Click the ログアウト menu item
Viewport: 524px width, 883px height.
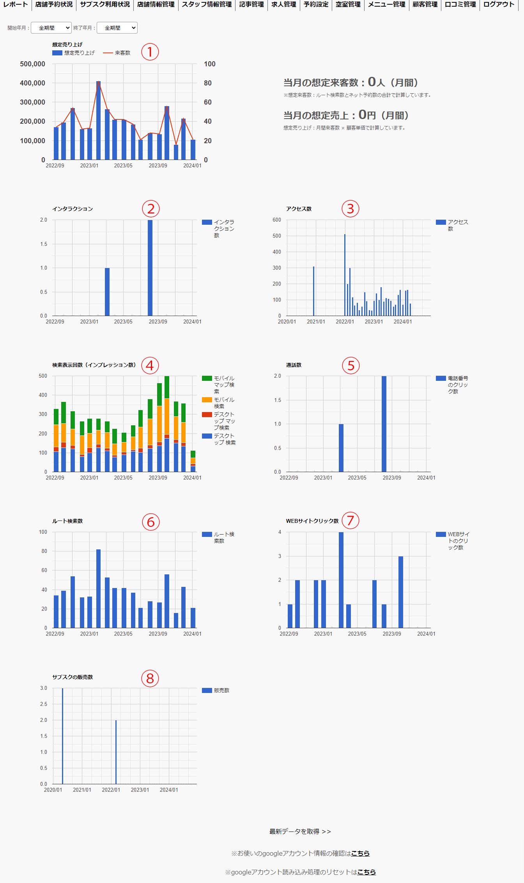point(499,5)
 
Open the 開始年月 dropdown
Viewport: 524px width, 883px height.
point(51,28)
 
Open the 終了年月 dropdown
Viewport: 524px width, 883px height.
point(117,28)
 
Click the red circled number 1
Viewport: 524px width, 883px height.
point(150,52)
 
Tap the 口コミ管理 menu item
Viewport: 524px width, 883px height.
point(460,5)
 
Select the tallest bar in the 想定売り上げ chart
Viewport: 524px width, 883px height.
point(98,121)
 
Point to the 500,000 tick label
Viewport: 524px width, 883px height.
point(32,64)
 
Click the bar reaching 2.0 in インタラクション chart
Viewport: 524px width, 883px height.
point(150,268)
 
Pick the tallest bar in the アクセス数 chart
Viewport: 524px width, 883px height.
point(345,275)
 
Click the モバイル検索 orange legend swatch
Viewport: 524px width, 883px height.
point(207,400)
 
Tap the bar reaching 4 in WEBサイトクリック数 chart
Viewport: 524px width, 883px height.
point(341,580)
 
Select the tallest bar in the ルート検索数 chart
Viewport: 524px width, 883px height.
point(98,588)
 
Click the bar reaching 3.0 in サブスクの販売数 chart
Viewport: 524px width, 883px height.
point(62,736)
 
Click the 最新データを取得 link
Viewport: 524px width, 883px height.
point(300,831)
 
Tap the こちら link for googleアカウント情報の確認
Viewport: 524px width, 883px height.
point(360,853)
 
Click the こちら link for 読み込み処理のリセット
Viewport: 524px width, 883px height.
point(366,872)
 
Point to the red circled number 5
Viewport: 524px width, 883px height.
point(351,366)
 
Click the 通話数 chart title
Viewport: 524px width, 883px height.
point(294,365)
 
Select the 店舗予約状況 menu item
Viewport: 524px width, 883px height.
point(54,5)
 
